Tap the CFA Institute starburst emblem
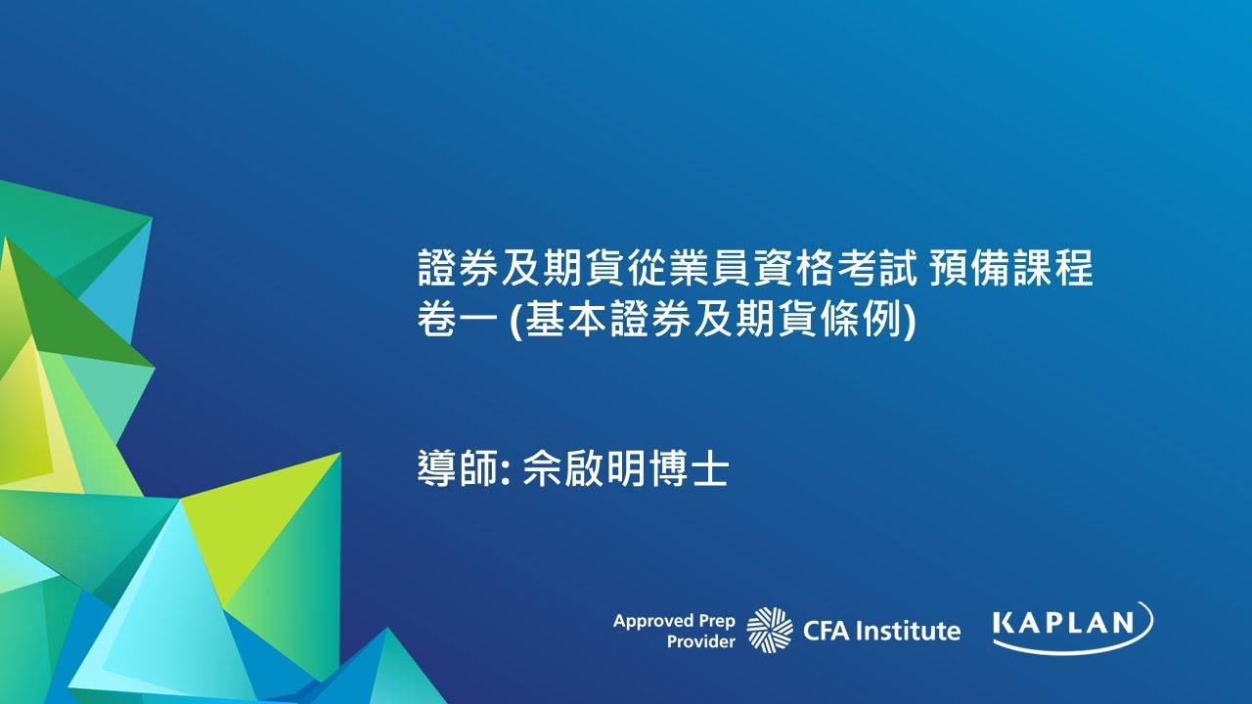pos(770,629)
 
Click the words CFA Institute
pos(880,631)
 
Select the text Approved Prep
pos(673,621)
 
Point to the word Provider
pos(700,641)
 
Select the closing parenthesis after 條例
pos(910,320)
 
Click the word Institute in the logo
pos(909,631)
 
